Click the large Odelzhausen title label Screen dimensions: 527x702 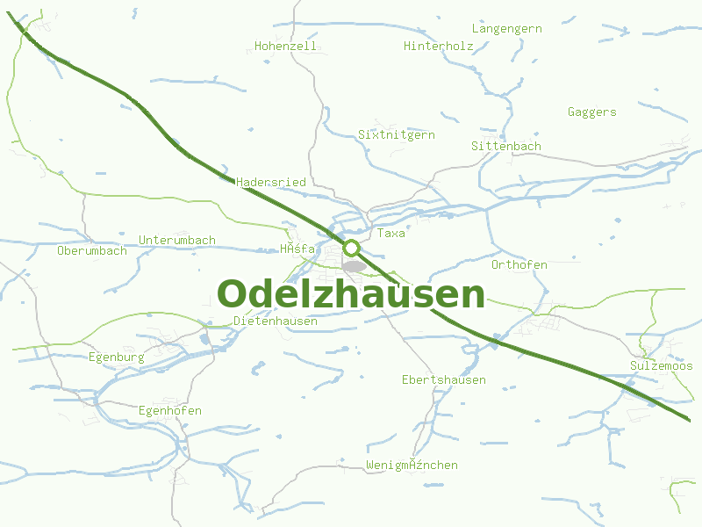coord(351,294)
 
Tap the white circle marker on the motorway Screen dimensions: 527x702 coord(352,248)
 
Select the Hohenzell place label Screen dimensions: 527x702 coord(285,46)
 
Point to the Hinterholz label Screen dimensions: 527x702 coord(438,46)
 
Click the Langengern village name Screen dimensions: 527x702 coord(506,29)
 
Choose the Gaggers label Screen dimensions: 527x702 coord(591,112)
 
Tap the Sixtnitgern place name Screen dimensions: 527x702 coord(396,135)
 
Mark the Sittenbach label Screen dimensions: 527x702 coord(505,146)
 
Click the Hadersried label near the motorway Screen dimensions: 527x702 coord(271,182)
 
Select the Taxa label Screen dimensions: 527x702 coord(390,234)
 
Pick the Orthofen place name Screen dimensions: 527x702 coord(519,264)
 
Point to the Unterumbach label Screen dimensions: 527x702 coord(177,241)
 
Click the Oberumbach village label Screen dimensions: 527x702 coord(91,251)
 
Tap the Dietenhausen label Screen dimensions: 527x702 coord(276,321)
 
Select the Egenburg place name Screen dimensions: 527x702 coord(116,357)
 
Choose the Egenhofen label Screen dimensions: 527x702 coord(169,411)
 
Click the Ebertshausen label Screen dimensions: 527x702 coord(443,380)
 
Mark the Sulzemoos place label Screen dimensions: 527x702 coord(661,366)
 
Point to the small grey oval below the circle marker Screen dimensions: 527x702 coord(354,266)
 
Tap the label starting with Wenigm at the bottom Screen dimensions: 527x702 coord(412,466)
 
